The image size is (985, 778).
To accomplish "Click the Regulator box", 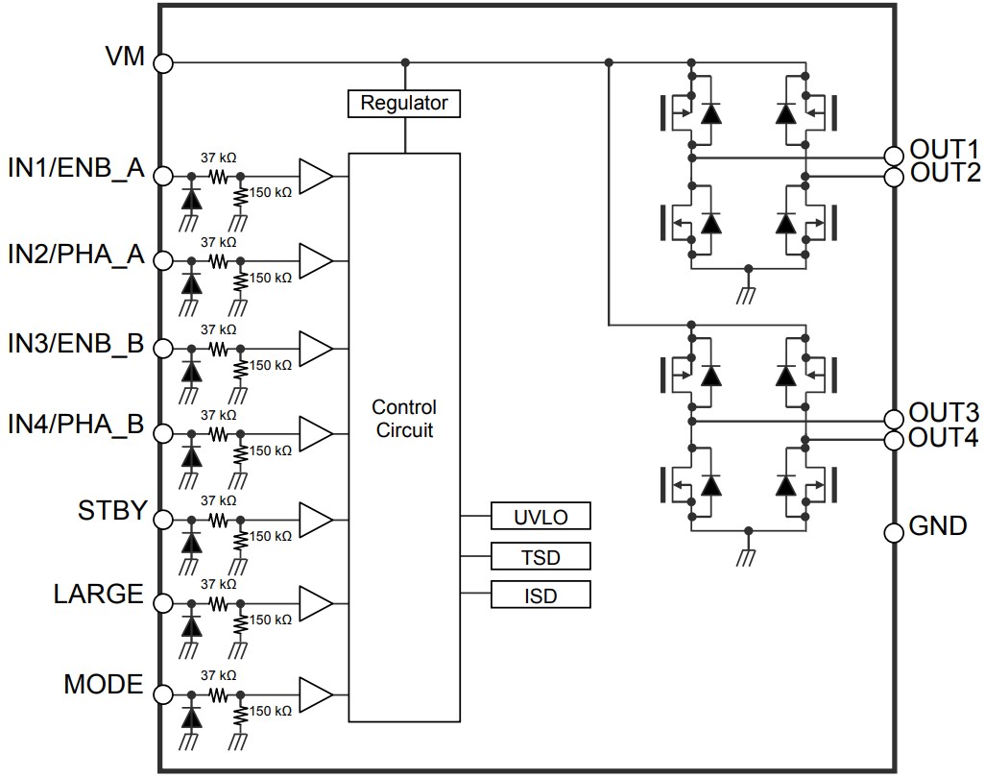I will (x=404, y=103).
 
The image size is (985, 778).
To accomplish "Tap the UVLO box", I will (x=541, y=517).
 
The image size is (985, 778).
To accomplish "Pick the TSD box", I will (x=541, y=556).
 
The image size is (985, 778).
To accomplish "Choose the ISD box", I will (x=541, y=596).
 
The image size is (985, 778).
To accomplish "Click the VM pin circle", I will (x=164, y=63).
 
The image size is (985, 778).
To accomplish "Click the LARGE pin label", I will (x=98, y=595).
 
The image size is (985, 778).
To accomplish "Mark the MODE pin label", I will (x=103, y=685).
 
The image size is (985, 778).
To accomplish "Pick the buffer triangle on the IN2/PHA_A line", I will (x=315, y=261).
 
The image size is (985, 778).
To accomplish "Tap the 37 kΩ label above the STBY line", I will (x=218, y=500).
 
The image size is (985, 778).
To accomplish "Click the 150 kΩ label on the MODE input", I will (x=271, y=711).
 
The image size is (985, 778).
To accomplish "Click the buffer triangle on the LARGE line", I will (x=315, y=604).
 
